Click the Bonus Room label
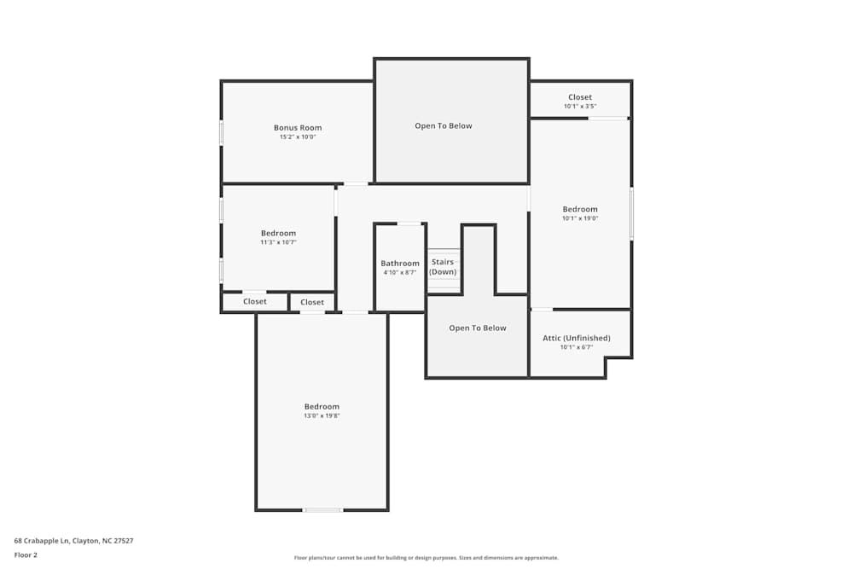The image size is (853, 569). coord(298,128)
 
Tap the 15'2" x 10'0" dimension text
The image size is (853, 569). coord(298,137)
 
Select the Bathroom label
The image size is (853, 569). coord(400,264)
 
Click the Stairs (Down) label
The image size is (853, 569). coord(443,267)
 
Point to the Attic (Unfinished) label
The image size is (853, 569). coord(577,338)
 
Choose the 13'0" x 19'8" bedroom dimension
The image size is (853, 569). coord(322,416)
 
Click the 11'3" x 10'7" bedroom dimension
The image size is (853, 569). coord(278,242)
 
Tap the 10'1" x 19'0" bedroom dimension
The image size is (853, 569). coord(580,218)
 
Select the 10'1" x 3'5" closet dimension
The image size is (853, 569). coord(580,107)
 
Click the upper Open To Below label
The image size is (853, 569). coord(444,126)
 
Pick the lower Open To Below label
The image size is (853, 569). coord(478,328)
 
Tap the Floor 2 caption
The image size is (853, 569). coord(26,554)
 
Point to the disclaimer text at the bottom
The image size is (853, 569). coord(426,558)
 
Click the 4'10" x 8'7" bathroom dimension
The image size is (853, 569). coord(400,273)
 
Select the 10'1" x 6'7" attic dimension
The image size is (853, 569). coord(577,347)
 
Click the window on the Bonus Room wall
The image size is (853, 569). coord(222,132)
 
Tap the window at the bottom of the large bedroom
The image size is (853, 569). coord(323,510)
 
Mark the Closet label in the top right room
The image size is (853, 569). coord(580,97)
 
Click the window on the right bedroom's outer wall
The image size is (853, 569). coord(631,213)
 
